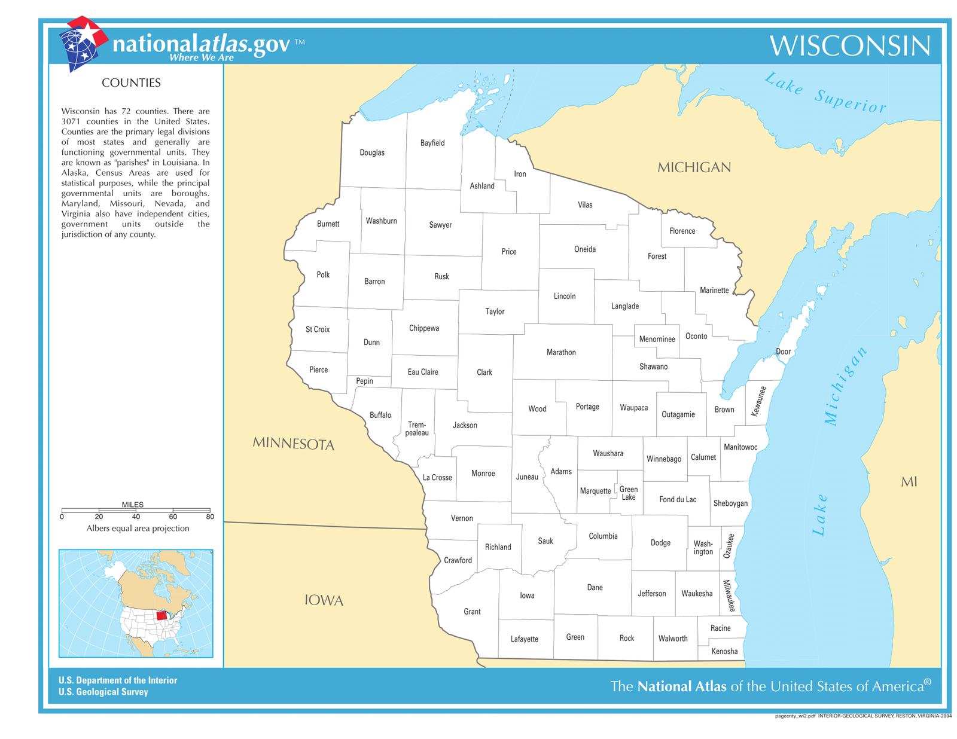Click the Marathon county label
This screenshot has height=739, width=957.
561,353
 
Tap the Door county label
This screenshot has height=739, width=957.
783,352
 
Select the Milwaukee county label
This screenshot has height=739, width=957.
728,596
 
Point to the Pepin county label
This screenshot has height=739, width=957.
364,381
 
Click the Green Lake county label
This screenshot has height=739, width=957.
628,493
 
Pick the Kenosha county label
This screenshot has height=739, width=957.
724,651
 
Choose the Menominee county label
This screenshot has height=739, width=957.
657,339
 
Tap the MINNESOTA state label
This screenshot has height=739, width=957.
293,444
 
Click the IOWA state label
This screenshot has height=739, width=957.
324,600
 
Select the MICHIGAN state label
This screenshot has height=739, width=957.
694,167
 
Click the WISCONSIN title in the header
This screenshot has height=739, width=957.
849,46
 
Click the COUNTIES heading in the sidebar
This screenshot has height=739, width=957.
131,83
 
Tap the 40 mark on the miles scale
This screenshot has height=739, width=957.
136,517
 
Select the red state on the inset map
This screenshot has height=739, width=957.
161,615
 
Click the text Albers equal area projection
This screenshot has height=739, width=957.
138,529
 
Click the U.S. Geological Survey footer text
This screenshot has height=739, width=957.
103,692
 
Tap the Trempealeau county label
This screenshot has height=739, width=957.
417,429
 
